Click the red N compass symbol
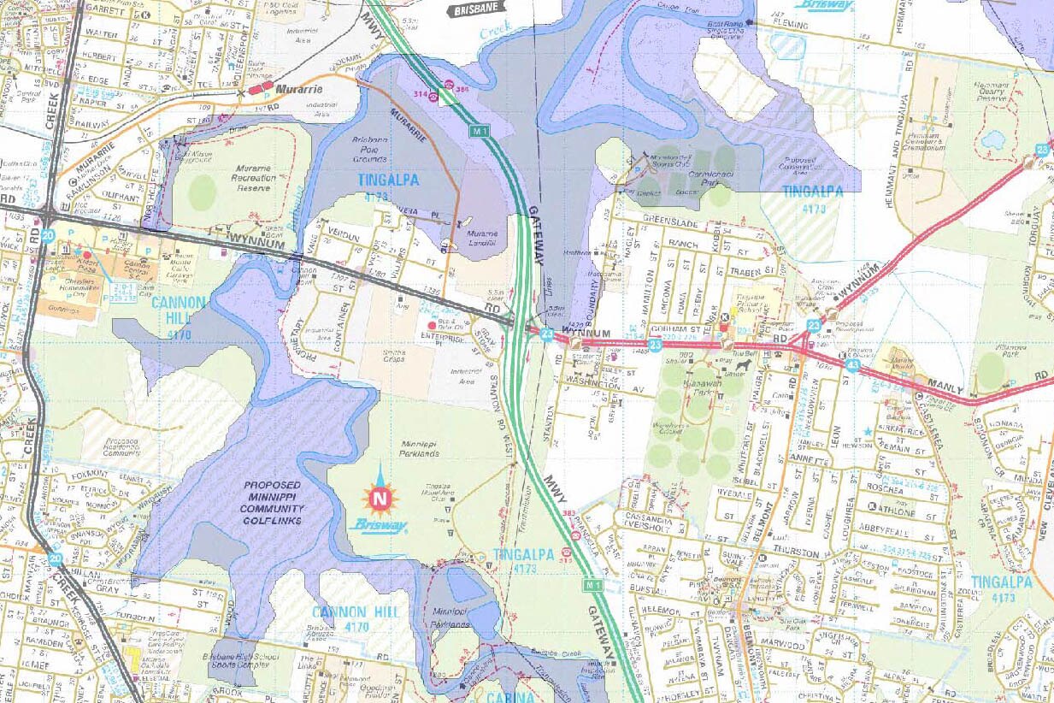380,497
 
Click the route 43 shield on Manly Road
853,365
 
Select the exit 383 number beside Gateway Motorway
568,514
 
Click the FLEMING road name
789,26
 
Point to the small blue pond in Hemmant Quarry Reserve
992,139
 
